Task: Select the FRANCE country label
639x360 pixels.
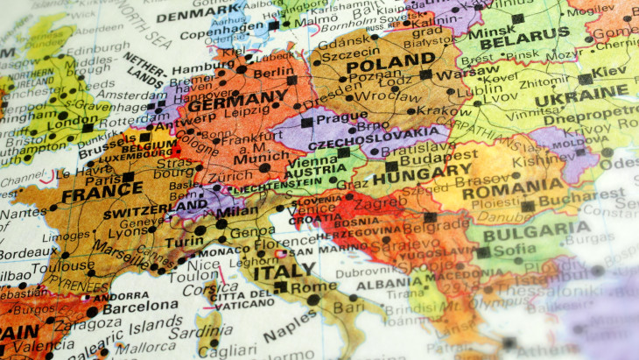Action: pos(90,192)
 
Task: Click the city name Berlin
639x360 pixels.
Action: pos(274,72)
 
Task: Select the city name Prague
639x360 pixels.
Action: pos(337,118)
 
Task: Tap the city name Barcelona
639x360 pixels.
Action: pos(139,307)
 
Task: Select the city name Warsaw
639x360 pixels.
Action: pos(456,73)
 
